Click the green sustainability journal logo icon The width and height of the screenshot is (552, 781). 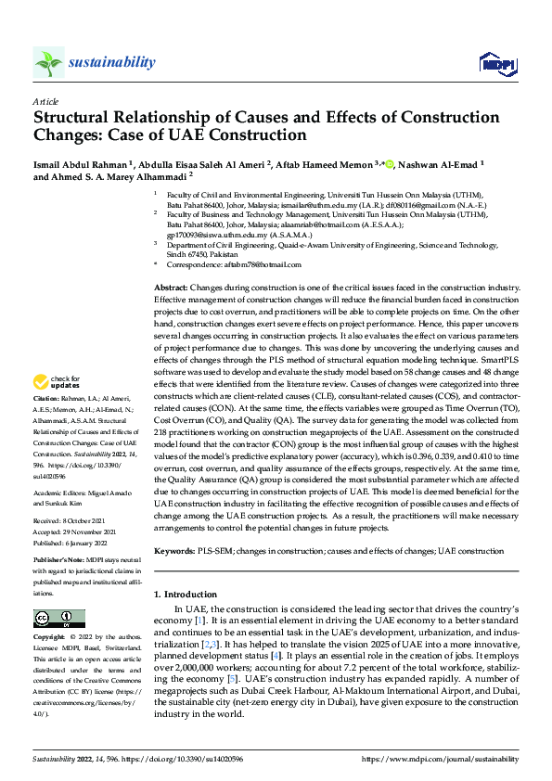click(48, 62)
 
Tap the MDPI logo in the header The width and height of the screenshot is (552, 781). click(495, 63)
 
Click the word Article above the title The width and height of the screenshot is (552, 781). click(45, 100)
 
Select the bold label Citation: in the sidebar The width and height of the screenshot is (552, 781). click(48, 422)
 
